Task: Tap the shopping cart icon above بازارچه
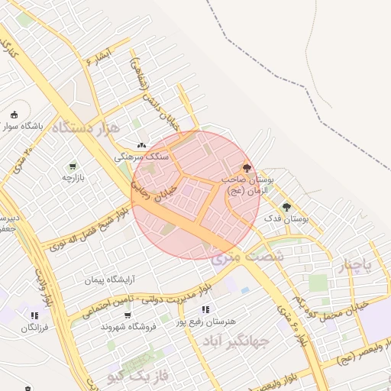pyautogui.click(x=73, y=166)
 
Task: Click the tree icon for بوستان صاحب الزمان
pyautogui.click(x=246, y=167)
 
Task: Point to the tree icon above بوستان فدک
pyautogui.click(x=286, y=207)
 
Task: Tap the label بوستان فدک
pyautogui.click(x=286, y=219)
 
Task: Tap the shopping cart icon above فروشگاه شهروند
pyautogui.click(x=128, y=315)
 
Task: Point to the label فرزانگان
pyautogui.click(x=34, y=328)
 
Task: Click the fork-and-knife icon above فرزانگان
pyautogui.click(x=34, y=315)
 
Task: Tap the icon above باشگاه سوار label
pyautogui.click(x=13, y=115)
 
